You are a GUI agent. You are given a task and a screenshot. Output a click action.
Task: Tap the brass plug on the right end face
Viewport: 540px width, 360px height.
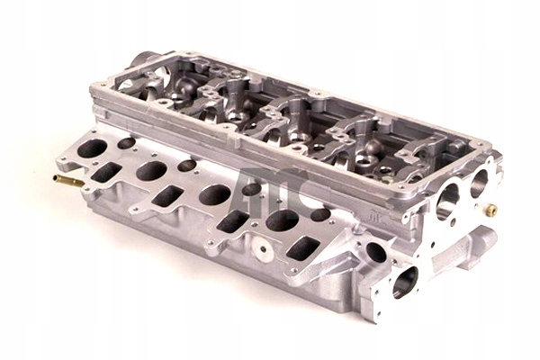[490, 210]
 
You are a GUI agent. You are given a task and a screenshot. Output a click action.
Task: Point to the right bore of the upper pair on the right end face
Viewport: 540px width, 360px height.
[478, 183]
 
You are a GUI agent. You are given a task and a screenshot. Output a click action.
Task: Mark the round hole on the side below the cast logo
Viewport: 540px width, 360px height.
[375, 252]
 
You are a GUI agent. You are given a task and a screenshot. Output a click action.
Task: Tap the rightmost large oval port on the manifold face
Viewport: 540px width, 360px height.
[282, 220]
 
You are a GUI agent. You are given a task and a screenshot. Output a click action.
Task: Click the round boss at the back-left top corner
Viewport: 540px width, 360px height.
[144, 61]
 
